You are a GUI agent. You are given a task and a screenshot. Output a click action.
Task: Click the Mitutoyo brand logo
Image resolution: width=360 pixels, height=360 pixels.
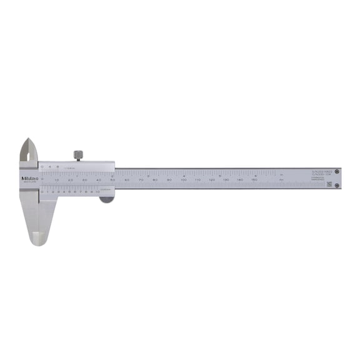[x=30, y=179]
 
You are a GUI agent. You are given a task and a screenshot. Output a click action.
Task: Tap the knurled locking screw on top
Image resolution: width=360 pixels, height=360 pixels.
[x=78, y=154]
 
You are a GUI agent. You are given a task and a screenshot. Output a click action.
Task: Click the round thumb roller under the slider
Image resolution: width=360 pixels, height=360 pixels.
[x=107, y=199]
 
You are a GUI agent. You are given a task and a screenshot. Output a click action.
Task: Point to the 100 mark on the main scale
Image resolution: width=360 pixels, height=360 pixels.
[x=183, y=180]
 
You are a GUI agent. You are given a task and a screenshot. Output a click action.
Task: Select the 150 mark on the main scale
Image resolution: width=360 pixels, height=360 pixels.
[x=254, y=180]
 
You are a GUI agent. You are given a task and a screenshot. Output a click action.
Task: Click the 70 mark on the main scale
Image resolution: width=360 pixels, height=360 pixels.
[x=141, y=180]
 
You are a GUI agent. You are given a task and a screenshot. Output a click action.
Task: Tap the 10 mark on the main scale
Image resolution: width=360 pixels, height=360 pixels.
[x=56, y=180]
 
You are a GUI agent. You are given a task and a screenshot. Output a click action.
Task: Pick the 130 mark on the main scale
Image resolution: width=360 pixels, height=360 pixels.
[x=226, y=180]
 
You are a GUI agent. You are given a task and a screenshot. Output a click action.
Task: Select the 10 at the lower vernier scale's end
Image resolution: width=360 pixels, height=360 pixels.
[x=98, y=192]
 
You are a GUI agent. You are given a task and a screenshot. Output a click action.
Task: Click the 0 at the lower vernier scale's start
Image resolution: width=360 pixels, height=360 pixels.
[x=42, y=192]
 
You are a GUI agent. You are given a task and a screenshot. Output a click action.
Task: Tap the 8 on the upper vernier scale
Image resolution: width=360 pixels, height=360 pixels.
[x=57, y=167]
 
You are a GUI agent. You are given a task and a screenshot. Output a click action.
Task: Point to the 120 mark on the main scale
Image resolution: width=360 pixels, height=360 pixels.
[x=212, y=180]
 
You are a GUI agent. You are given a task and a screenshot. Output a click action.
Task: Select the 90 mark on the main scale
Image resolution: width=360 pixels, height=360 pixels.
[x=169, y=180]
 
